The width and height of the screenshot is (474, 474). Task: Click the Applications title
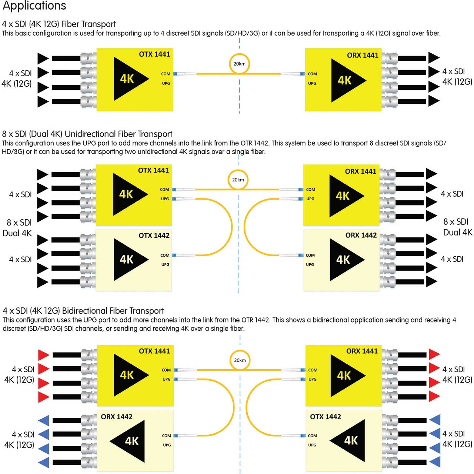(x=34, y=6)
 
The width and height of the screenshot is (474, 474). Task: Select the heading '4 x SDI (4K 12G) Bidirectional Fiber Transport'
(x=83, y=311)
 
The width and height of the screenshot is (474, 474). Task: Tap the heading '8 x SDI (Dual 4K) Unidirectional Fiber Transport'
(x=87, y=134)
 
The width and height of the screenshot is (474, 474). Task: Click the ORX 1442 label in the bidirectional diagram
(x=117, y=417)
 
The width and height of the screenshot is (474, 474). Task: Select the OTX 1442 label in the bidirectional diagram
(x=325, y=417)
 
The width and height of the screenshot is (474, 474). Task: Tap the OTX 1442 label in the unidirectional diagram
(x=154, y=236)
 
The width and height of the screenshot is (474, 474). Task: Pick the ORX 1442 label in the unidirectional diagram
(x=361, y=235)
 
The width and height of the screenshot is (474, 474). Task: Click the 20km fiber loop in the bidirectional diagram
(x=240, y=360)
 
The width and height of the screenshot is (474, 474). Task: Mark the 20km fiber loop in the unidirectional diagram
(x=238, y=180)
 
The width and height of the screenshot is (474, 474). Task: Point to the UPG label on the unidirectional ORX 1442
(x=310, y=264)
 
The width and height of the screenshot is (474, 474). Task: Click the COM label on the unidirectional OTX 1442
(x=165, y=255)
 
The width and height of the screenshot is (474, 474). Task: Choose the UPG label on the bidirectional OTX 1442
(x=312, y=445)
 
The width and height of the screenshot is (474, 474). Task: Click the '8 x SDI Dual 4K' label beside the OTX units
(x=17, y=228)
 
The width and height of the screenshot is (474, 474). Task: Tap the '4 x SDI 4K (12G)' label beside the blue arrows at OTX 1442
(x=457, y=438)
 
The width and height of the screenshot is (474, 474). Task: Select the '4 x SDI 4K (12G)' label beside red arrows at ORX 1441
(x=457, y=374)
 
